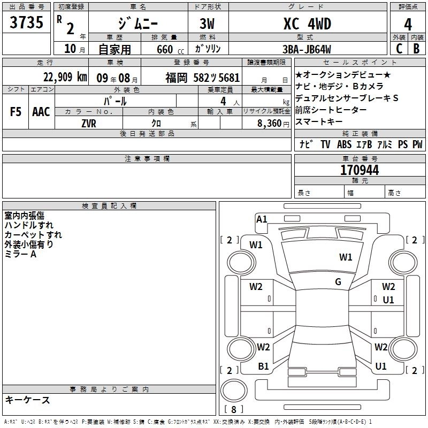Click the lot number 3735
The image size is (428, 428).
tap(26, 22)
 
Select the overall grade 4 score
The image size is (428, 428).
tap(408, 25)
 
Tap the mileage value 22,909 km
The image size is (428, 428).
tap(65, 77)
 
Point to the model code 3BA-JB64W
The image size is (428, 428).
tap(307, 49)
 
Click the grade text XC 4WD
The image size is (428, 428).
tap(307, 24)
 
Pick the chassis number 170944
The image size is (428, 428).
tap(360, 170)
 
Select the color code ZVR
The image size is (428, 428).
tap(89, 124)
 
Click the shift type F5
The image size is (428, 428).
tap(16, 112)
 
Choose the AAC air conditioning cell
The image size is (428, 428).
tap(41, 112)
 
